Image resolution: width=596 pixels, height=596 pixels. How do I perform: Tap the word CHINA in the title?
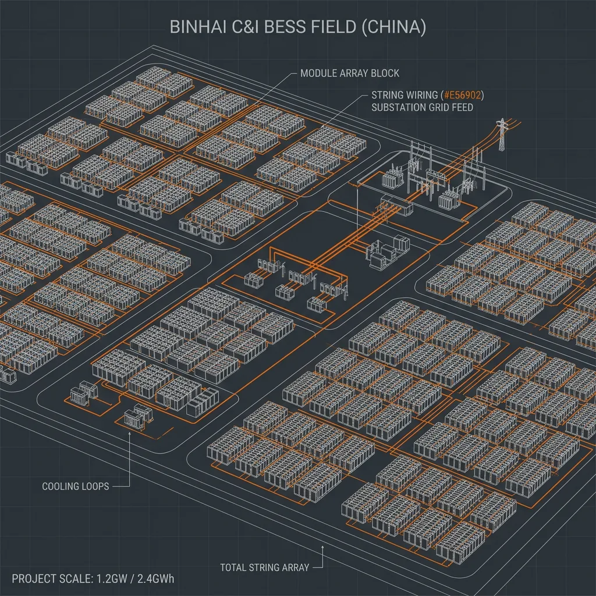tap(393, 27)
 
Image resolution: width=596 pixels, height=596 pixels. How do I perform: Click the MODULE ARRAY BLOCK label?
tap(350, 73)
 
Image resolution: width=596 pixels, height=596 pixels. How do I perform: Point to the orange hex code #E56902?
tap(462, 95)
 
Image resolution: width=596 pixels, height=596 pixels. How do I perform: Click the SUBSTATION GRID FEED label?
tap(422, 108)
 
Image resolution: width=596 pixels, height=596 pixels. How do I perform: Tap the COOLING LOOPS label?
tap(75, 487)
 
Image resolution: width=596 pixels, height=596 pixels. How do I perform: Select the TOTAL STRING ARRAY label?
tap(265, 568)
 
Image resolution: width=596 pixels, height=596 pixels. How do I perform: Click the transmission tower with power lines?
tap(502, 134)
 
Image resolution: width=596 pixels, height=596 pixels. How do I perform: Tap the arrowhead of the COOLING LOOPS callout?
tap(130, 434)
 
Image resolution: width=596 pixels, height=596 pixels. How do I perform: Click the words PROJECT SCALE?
tap(52, 579)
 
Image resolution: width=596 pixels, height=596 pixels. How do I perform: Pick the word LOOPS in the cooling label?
tap(94, 487)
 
